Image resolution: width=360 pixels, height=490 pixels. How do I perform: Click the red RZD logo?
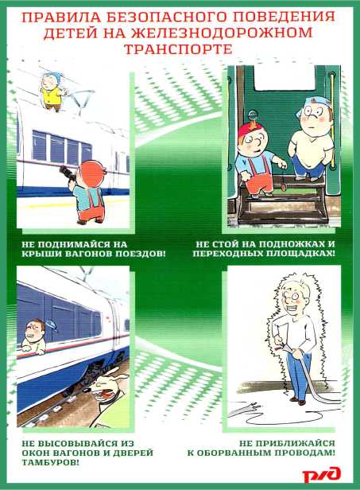click(321, 474)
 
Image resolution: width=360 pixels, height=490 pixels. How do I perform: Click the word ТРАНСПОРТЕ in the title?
click(178, 49)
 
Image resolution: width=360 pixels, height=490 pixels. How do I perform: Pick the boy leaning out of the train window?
click(33, 336)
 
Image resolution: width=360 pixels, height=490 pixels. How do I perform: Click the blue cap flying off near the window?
click(52, 325)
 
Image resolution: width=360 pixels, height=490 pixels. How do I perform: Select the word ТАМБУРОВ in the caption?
click(50, 462)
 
